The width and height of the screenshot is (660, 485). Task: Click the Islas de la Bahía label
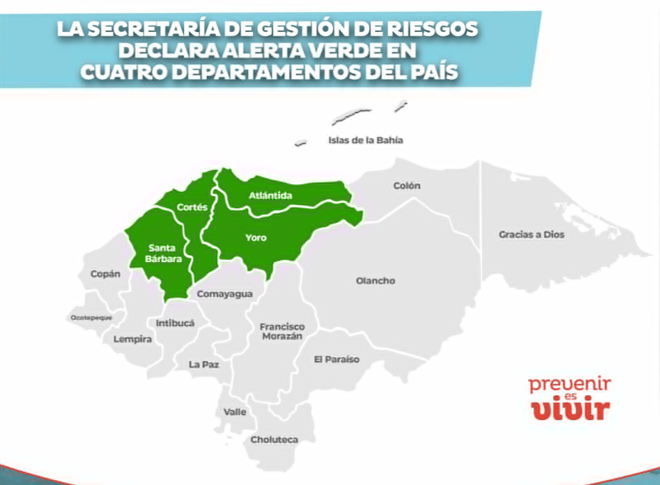tap(365, 140)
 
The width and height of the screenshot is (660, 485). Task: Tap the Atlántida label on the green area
tap(271, 195)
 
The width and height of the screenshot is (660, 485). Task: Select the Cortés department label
tap(192, 207)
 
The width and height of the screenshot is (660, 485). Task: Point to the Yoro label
tap(255, 238)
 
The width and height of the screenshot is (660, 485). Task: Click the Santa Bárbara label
tap(165, 254)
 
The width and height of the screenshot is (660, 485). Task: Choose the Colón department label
tap(407, 186)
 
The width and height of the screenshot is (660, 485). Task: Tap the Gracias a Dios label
tap(531, 234)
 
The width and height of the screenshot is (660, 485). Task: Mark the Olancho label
tap(375, 281)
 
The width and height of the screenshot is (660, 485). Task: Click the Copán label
tap(105, 273)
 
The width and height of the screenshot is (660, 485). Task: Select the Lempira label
tap(133, 340)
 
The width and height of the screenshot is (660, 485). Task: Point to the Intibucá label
tap(175, 323)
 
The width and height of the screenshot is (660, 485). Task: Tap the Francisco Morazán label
tap(282, 331)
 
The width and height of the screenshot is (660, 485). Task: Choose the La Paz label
tap(204, 364)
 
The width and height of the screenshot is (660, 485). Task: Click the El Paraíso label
tap(336, 360)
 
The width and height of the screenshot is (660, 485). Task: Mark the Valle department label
tap(234, 412)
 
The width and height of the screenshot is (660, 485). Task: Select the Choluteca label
tap(274, 439)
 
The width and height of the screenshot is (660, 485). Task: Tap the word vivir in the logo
tap(571, 410)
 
